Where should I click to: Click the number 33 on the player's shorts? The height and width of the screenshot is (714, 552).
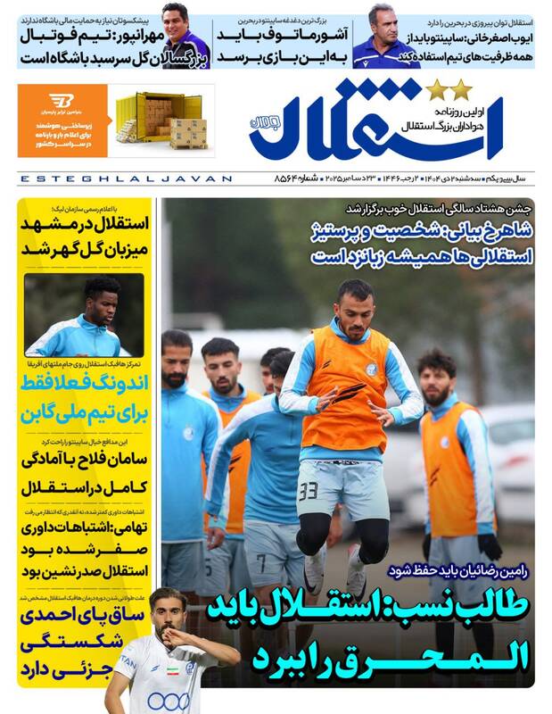click(x=309, y=491)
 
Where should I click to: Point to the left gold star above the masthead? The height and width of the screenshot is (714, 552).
click(x=436, y=89)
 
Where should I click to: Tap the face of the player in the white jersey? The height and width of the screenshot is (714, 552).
click(x=165, y=611)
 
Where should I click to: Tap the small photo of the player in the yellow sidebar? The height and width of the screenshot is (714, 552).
click(x=86, y=316)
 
